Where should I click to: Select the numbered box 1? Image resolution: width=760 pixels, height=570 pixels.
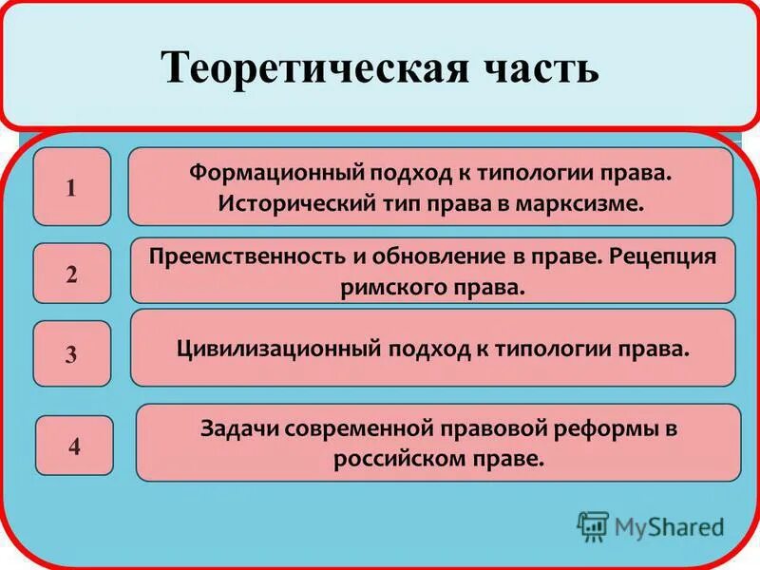click(72, 187)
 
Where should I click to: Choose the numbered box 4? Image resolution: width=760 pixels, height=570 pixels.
click(74, 445)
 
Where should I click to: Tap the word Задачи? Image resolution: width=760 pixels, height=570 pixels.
click(233, 428)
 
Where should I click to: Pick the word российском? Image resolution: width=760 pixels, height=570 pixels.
click(394, 457)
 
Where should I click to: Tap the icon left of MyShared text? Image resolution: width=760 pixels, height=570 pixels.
click(593, 525)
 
